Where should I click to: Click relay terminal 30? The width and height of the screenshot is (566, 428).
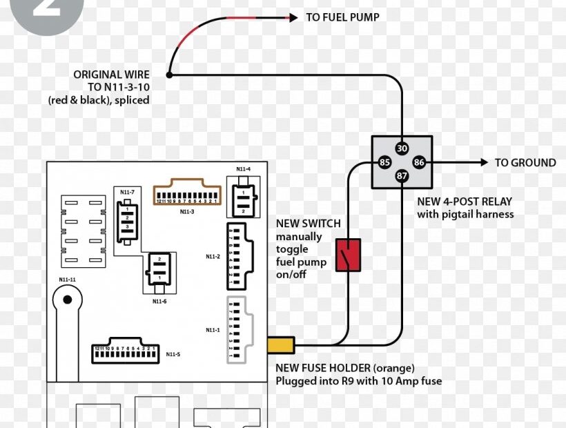click(402, 148)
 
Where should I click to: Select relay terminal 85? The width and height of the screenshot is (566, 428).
click(385, 163)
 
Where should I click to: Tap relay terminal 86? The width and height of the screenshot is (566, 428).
click(418, 163)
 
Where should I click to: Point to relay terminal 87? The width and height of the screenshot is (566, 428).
click(402, 177)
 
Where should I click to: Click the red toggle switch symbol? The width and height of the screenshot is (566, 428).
click(347, 255)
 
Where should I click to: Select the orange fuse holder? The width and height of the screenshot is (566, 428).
click(281, 344)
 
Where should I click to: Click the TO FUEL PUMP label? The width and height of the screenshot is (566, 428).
click(342, 17)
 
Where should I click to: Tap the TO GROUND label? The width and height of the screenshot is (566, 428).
click(525, 163)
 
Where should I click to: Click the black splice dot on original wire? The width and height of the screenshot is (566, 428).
click(168, 75)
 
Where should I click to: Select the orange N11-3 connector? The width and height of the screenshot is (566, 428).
click(186, 194)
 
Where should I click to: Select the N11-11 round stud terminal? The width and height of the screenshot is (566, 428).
click(67, 300)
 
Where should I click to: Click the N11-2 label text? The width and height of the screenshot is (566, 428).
click(213, 257)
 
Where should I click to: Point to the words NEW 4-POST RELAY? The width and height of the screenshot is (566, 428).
click(465, 202)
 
